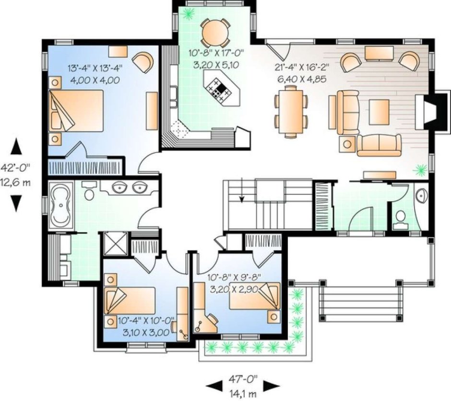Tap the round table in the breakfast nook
[x=215, y=32]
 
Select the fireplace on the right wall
[x=430, y=113]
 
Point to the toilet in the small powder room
[x=400, y=217]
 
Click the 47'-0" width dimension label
[x=243, y=380]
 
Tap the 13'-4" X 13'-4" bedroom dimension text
[x=95, y=69]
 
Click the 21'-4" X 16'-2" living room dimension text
[x=302, y=67]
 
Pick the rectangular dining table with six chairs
[x=291, y=111]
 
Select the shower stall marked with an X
[x=115, y=244]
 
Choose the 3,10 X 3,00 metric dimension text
[x=146, y=332]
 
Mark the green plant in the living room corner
[x=420, y=170]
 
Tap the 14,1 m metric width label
[x=243, y=393]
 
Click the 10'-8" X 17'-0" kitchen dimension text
[x=216, y=53]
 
